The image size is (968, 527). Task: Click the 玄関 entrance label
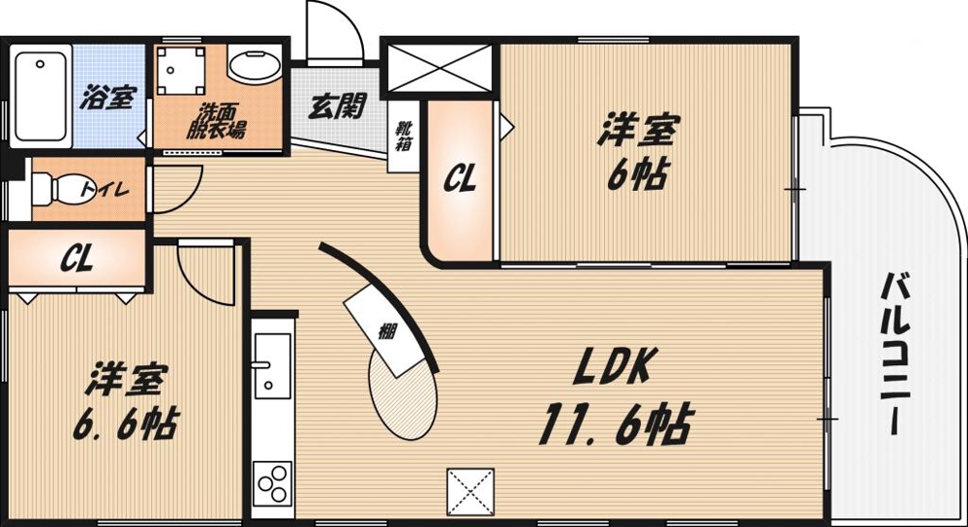coord(336,105)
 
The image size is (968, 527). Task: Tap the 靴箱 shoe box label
coord(402,137)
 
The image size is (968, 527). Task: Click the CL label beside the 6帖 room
coord(459,179)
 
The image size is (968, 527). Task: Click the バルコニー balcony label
coord(898,354)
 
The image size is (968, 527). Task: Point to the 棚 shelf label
coord(387,332)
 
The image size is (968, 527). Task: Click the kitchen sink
coord(271,369)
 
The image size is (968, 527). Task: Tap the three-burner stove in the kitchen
coord(272,480)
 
